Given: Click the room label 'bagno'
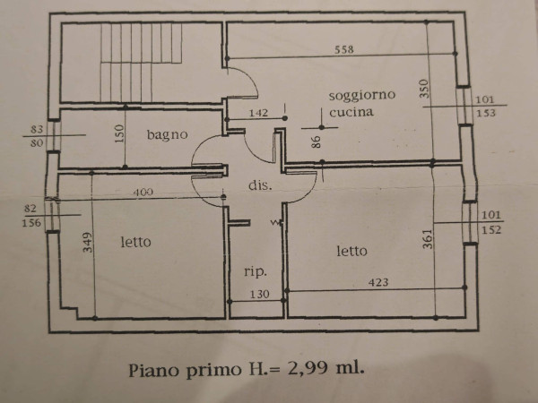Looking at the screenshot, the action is click(167, 134).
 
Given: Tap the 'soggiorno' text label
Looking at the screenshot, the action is click(362, 95).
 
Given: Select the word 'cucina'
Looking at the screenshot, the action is click(351, 112).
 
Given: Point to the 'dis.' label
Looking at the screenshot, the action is click(260, 185).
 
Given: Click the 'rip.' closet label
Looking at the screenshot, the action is click(256, 271).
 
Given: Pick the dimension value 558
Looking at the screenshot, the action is click(343, 49).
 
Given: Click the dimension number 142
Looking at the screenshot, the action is click(258, 113).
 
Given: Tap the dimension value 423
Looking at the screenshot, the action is click(378, 282).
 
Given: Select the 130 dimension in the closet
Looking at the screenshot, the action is click(259, 295).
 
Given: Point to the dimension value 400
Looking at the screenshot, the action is click(143, 193).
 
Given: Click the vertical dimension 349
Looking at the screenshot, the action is click(88, 243).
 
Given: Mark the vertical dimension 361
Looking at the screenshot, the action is click(428, 239).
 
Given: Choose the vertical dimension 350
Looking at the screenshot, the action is click(424, 89).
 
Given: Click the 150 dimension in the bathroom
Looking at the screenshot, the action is click(118, 134).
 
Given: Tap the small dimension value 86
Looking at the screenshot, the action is click(316, 141).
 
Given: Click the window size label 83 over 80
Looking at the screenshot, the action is click(37, 136).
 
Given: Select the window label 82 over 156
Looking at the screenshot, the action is click(31, 216).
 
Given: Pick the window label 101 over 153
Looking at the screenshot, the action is click(485, 107).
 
